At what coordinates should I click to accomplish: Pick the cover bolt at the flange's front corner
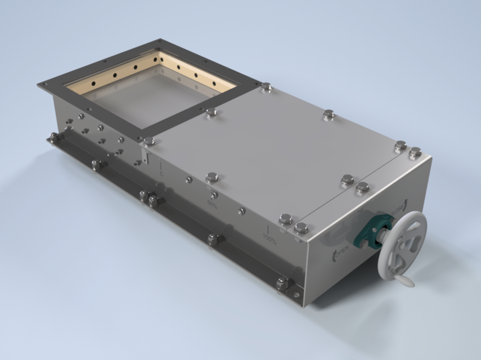(x=149, y=141)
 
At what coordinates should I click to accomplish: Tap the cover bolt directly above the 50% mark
(x=212, y=177)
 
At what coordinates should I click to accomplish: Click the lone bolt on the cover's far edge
(x=329, y=114)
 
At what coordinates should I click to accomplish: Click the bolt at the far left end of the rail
(x=53, y=137)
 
